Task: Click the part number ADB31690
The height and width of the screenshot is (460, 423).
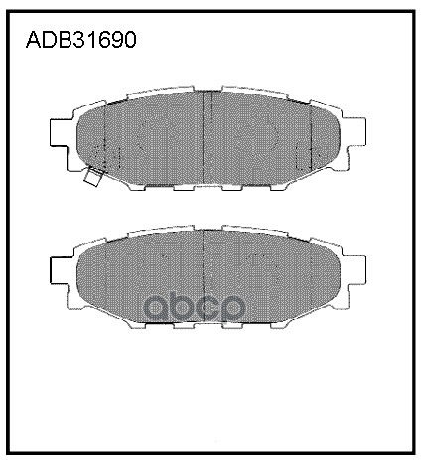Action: point(79,42)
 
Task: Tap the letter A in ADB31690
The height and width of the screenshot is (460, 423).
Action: point(31,42)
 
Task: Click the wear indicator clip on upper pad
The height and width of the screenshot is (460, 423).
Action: point(95,178)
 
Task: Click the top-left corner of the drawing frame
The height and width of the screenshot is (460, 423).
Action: point(9,9)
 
